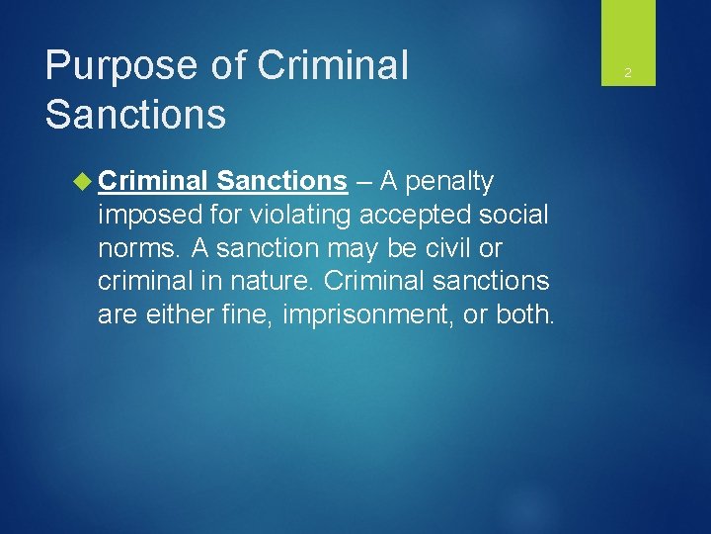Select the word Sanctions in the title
pos(135,114)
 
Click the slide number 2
pos(627,73)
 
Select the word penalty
pos(449,181)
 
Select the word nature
pos(271,281)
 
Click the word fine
pos(242,314)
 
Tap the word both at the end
pos(528,314)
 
